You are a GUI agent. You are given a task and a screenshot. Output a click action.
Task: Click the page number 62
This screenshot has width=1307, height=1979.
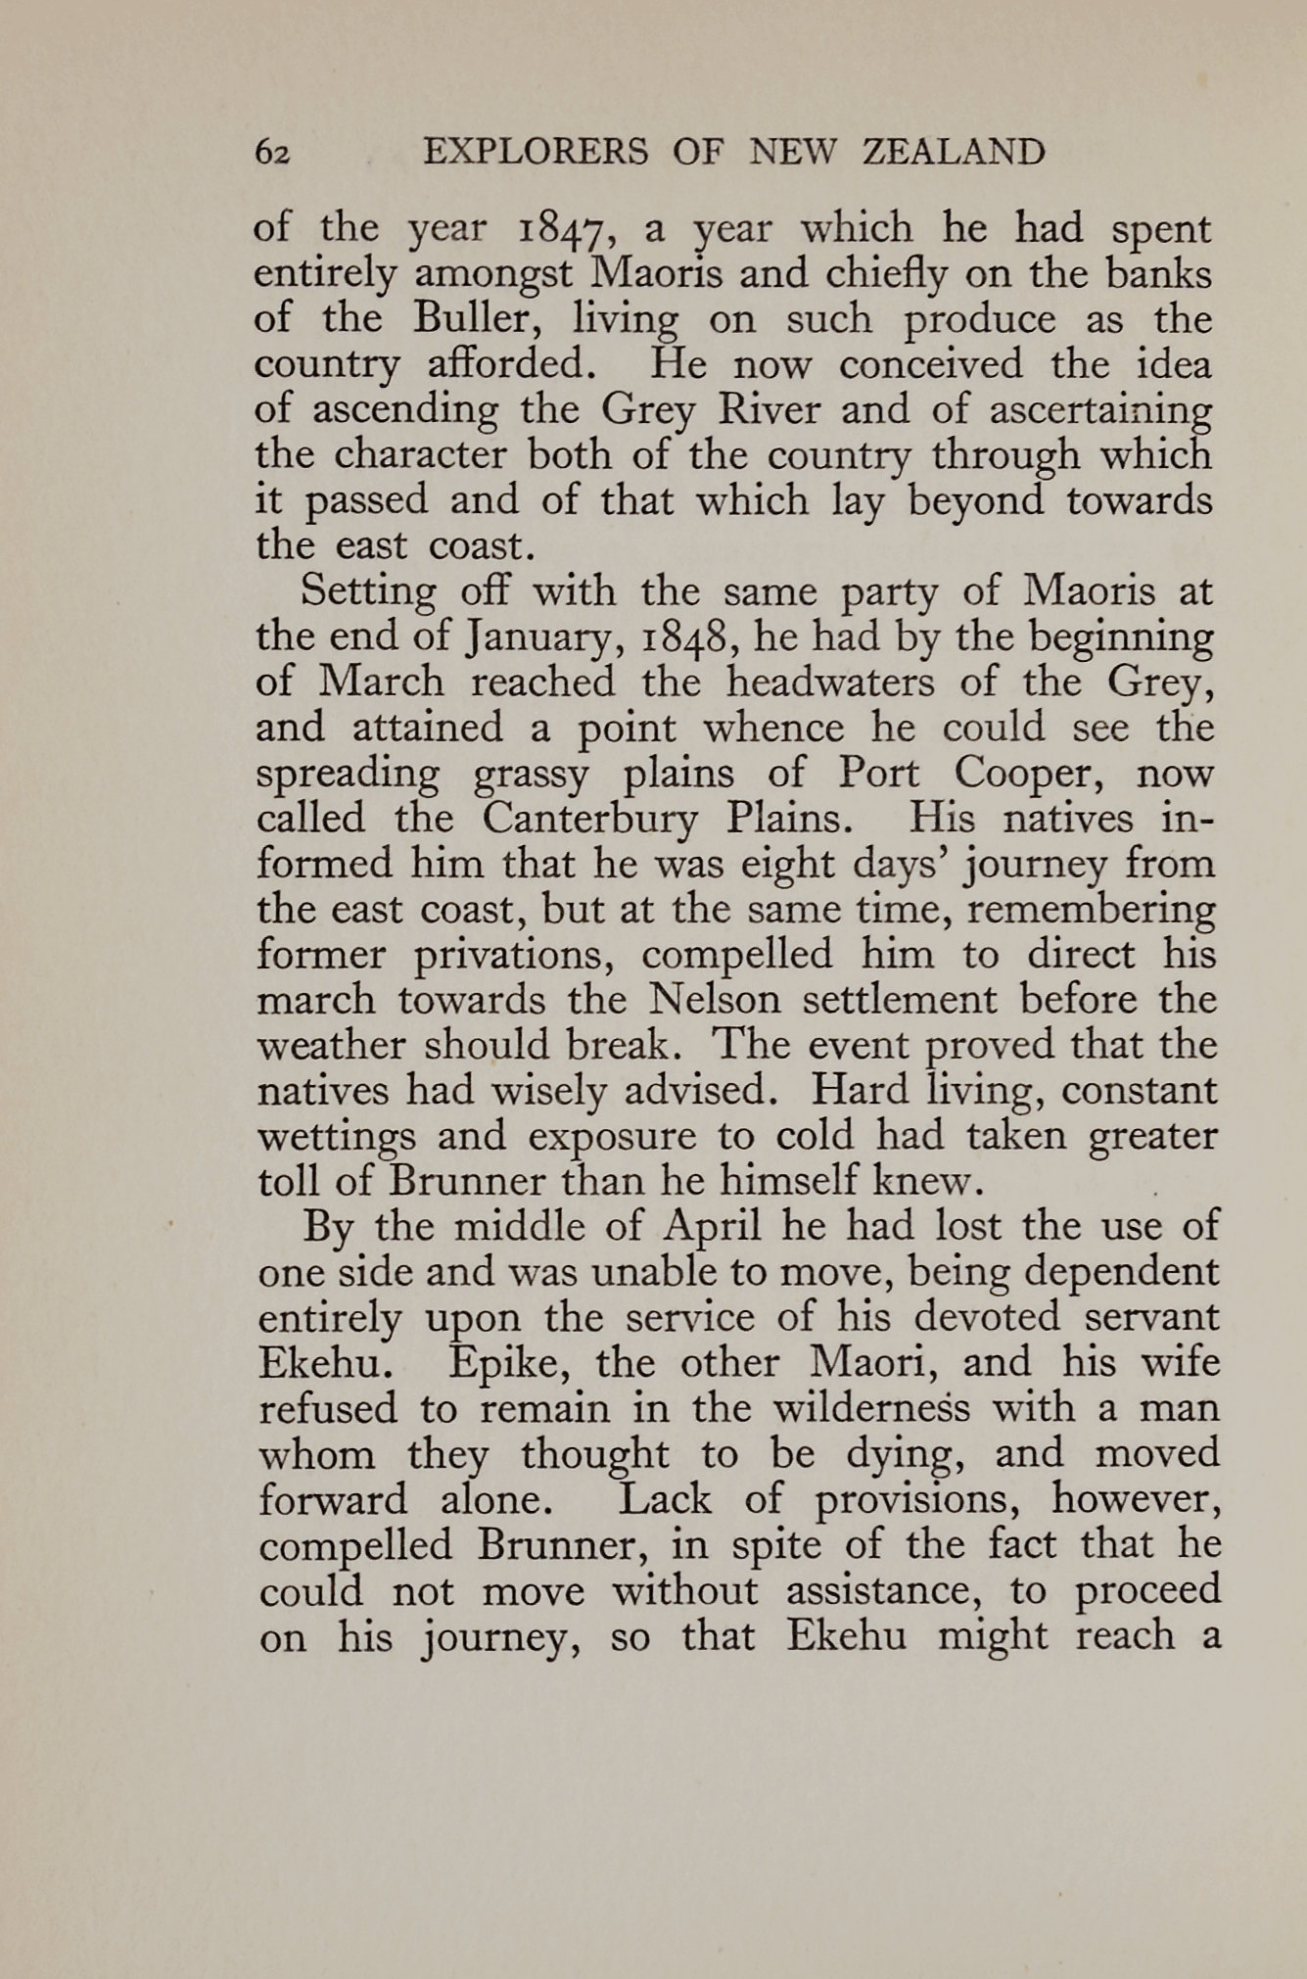tap(272, 154)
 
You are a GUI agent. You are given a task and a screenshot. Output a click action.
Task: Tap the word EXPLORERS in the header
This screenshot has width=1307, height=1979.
tap(536, 153)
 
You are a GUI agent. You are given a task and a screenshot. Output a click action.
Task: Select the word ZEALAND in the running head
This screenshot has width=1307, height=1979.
tap(954, 153)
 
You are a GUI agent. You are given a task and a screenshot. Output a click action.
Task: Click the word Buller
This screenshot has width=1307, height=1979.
tap(477, 319)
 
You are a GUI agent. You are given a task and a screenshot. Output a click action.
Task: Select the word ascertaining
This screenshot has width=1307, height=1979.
tap(1100, 409)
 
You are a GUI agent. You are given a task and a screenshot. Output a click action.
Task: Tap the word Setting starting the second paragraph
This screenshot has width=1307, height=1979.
tap(369, 592)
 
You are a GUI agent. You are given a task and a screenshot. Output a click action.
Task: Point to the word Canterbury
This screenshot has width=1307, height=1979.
tap(589, 819)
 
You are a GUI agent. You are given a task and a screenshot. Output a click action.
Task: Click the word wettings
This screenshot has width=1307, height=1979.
tap(332, 1137)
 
